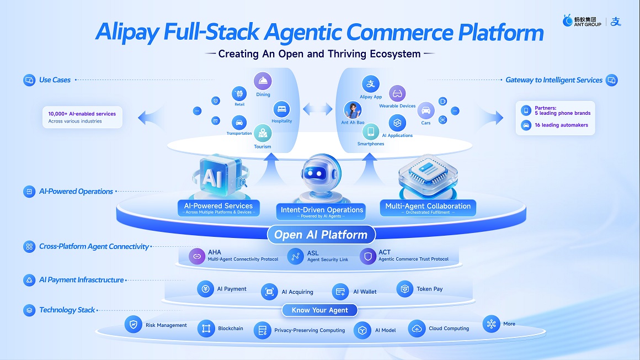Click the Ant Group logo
click(x=582, y=21)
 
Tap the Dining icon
click(x=263, y=81)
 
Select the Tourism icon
click(x=263, y=133)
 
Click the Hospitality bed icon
click(x=281, y=109)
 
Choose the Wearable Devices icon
click(x=397, y=94)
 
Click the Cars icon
click(x=426, y=111)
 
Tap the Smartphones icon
click(x=371, y=131)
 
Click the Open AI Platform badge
click(x=321, y=235)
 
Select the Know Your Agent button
click(x=319, y=310)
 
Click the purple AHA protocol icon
click(x=197, y=256)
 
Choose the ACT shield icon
click(x=368, y=256)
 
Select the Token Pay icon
click(x=404, y=289)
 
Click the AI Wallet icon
click(x=340, y=292)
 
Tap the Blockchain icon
click(x=206, y=329)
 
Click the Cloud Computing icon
click(x=417, y=329)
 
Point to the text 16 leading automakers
click(x=561, y=125)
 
